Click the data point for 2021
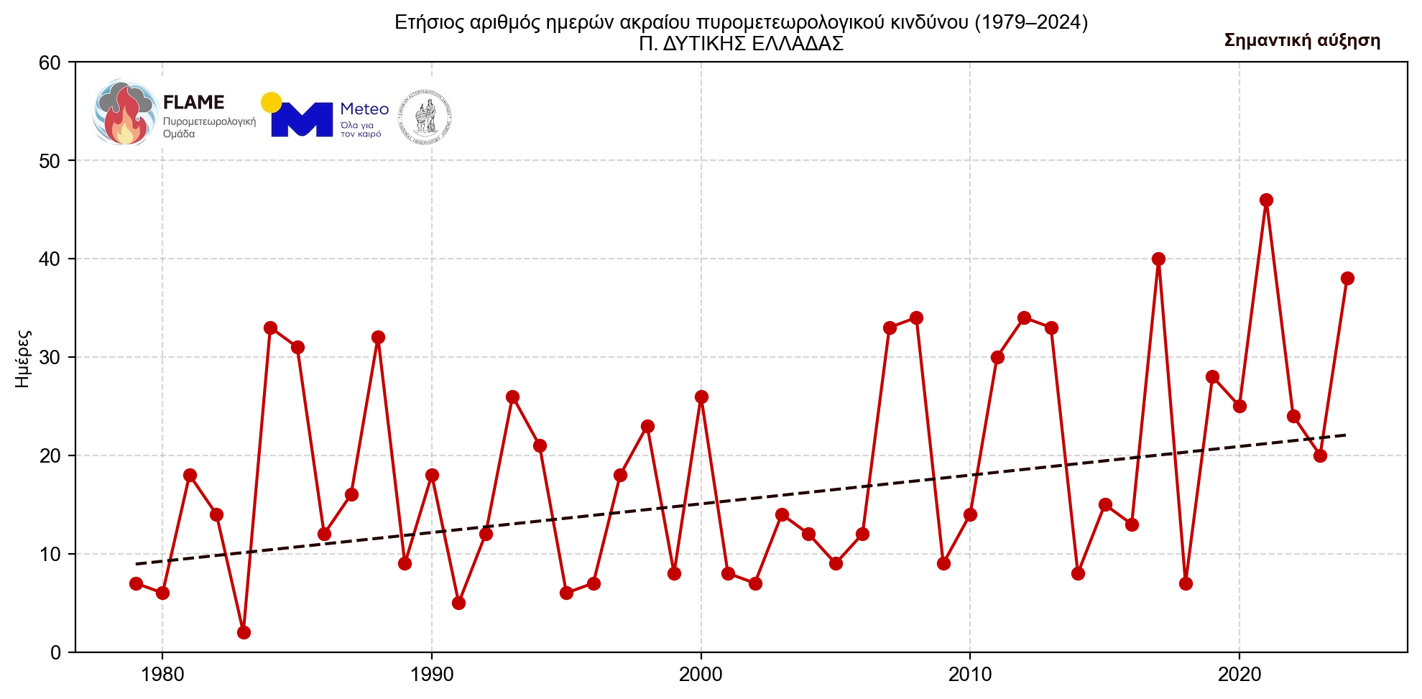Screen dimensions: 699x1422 pyautogui.click(x=1266, y=200)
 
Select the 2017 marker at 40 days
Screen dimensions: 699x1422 pyautogui.click(x=1158, y=259)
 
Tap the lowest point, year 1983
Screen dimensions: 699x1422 pyautogui.click(x=244, y=632)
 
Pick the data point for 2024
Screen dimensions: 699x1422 pyautogui.click(x=1347, y=278)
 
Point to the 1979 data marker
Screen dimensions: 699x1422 pyautogui.click(x=136, y=583)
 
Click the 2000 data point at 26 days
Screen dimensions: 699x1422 pyautogui.click(x=701, y=397)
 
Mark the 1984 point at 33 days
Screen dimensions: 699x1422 pyautogui.click(x=270, y=328)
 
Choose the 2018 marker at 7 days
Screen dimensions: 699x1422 pyautogui.click(x=1186, y=583)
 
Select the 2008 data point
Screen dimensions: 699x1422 pyautogui.click(x=916, y=318)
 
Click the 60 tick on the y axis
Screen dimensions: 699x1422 pyautogui.click(x=50, y=63)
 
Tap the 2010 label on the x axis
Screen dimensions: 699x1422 pyautogui.click(x=970, y=675)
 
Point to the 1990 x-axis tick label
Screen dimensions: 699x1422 pyautogui.click(x=432, y=675)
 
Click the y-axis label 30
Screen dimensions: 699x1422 pyautogui.click(x=50, y=357)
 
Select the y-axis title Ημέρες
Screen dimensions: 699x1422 pyautogui.click(x=23, y=358)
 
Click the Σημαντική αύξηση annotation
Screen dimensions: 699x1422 pyautogui.click(x=1302, y=41)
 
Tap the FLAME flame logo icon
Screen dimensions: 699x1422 pyautogui.click(x=125, y=113)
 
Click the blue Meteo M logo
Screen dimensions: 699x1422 pyautogui.click(x=302, y=119)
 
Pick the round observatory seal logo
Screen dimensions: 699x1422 pyautogui.click(x=425, y=116)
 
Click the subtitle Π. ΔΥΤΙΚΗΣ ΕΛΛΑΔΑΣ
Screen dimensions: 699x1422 pyautogui.click(x=741, y=44)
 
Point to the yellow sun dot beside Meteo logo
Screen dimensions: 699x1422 pyautogui.click(x=271, y=103)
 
